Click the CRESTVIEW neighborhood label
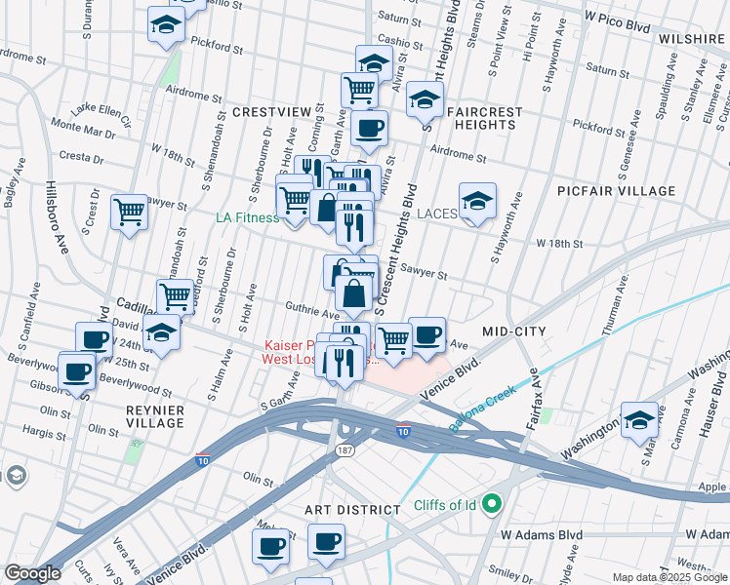[x=272, y=113]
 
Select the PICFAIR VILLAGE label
[x=602, y=191]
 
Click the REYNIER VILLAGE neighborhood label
[x=155, y=416]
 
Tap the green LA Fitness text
[x=247, y=217]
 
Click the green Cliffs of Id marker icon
[x=492, y=504]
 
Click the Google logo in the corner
[x=32, y=573]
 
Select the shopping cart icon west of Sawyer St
[x=129, y=211]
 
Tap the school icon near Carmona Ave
[x=639, y=419]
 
